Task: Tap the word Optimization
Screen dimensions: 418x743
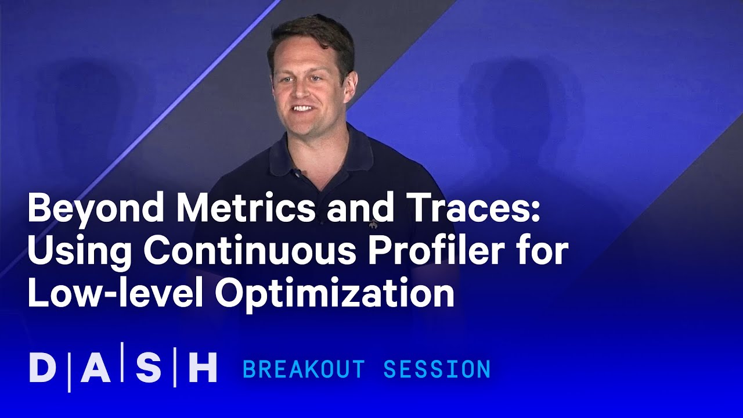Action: pos(335,295)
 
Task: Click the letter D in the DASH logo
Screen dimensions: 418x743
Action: pos(42,368)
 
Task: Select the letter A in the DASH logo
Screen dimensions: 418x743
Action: pos(96,368)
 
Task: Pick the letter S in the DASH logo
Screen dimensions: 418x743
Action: pos(148,368)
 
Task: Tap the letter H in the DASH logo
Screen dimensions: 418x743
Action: pos(203,368)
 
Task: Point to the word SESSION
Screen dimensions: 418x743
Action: pos(437,369)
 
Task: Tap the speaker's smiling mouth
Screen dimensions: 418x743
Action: pos(302,109)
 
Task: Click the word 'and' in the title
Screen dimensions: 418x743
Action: pos(355,209)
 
